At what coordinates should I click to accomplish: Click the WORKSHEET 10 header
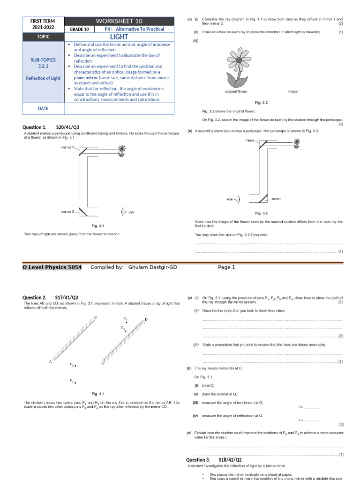pos(119,21)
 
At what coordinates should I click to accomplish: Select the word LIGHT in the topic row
pos(119,37)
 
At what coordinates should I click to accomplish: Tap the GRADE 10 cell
pos(79,29)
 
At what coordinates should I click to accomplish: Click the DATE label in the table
pos(43,108)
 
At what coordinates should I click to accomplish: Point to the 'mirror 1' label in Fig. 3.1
pos(67,147)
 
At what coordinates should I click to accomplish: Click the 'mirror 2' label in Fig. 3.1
pos(67,212)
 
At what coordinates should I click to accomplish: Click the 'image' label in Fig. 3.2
pos(292,92)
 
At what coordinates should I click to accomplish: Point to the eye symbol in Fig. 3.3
pos(238,199)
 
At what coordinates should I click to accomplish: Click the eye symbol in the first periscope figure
pos(123,212)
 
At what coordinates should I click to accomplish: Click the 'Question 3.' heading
pos(198,460)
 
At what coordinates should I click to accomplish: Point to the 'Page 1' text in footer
pos(226,267)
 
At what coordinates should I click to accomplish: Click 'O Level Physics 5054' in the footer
pos(52,267)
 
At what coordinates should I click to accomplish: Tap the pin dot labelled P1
pos(75,383)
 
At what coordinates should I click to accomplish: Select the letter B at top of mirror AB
pos(96,318)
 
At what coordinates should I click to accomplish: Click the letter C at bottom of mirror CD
pos(102,363)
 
